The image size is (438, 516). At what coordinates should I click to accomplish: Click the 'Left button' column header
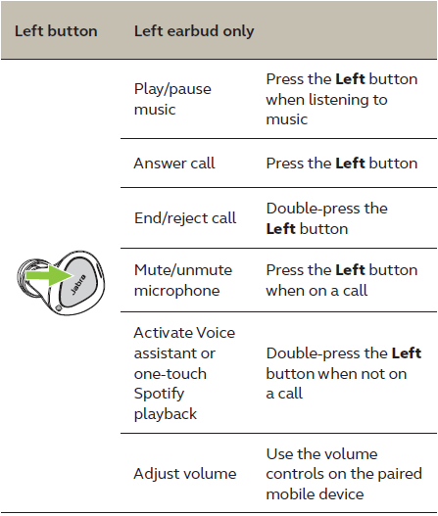click(x=56, y=31)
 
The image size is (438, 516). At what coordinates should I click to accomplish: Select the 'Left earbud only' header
click(x=193, y=31)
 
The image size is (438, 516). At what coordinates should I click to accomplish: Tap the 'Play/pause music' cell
click(x=171, y=99)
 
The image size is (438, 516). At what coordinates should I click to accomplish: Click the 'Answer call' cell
click(x=174, y=164)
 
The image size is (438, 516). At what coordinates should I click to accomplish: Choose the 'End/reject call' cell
click(x=184, y=217)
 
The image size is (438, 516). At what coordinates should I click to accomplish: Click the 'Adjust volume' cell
click(x=184, y=474)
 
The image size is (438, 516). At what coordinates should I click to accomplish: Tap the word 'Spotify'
click(x=160, y=394)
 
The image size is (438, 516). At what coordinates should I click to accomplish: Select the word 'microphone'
click(x=176, y=291)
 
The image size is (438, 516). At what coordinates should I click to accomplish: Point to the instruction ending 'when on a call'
click(x=341, y=280)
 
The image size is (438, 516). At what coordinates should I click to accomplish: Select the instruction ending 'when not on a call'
click(x=343, y=373)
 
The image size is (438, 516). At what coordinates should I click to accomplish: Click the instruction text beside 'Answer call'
click(x=341, y=164)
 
